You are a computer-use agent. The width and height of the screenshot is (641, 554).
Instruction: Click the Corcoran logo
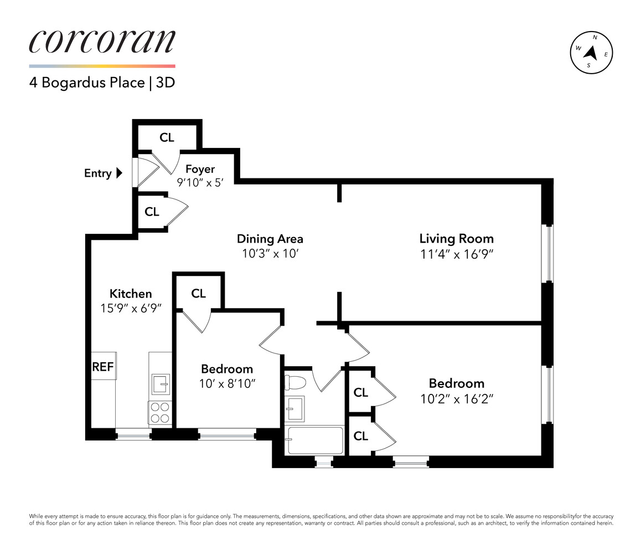point(102,42)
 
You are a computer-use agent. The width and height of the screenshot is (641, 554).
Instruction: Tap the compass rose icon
point(591,53)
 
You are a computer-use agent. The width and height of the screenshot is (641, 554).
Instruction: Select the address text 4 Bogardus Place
point(87,83)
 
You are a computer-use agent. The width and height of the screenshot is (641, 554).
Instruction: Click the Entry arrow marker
point(120,173)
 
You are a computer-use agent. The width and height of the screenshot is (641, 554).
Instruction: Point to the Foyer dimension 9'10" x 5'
point(200,182)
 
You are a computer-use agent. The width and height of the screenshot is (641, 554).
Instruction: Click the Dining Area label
point(270,239)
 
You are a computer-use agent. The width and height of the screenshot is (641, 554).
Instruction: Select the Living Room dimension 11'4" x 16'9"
point(457,254)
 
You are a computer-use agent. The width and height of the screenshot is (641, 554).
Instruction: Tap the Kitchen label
point(131,294)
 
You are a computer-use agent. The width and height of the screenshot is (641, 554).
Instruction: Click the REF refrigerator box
point(103,366)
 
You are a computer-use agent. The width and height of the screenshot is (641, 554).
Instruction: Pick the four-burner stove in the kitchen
point(160,412)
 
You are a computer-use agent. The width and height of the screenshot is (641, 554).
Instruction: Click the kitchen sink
point(161,384)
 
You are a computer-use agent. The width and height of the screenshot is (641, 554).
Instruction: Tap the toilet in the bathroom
point(295,383)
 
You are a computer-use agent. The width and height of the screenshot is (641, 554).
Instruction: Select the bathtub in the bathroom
point(315,440)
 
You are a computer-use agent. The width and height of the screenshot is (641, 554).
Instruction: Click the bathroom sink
point(294,408)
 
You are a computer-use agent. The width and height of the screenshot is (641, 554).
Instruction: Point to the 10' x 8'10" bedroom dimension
point(228,384)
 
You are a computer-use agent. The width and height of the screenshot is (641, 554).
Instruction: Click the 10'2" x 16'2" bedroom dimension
point(457,398)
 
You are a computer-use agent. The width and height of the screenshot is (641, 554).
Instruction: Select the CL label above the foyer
point(167,137)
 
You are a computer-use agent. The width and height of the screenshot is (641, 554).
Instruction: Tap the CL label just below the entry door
point(152,212)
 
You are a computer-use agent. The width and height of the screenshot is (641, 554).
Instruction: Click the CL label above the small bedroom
point(198,294)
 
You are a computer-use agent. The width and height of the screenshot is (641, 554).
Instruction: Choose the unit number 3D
point(166,83)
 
